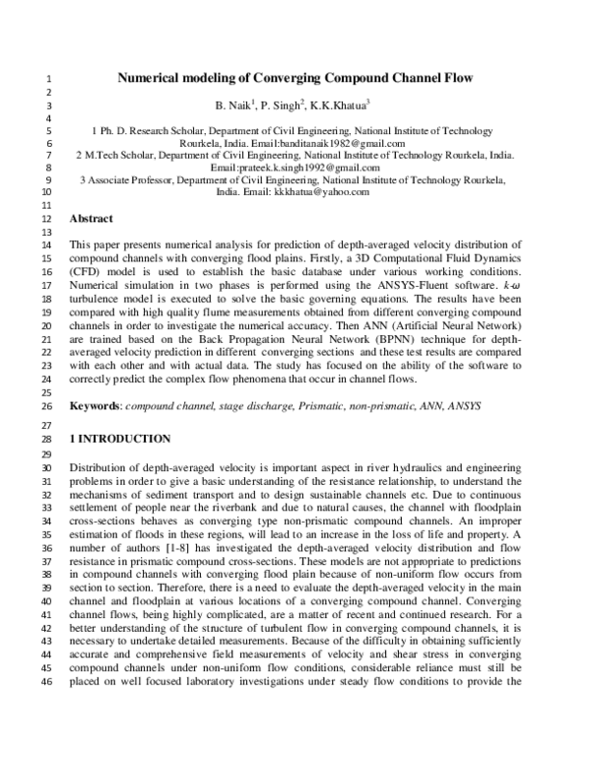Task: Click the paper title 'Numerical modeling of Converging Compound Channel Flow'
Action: pos(295,76)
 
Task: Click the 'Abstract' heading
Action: pos(92,218)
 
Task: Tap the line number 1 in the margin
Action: pos(49,78)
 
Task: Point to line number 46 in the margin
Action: pos(47,712)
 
